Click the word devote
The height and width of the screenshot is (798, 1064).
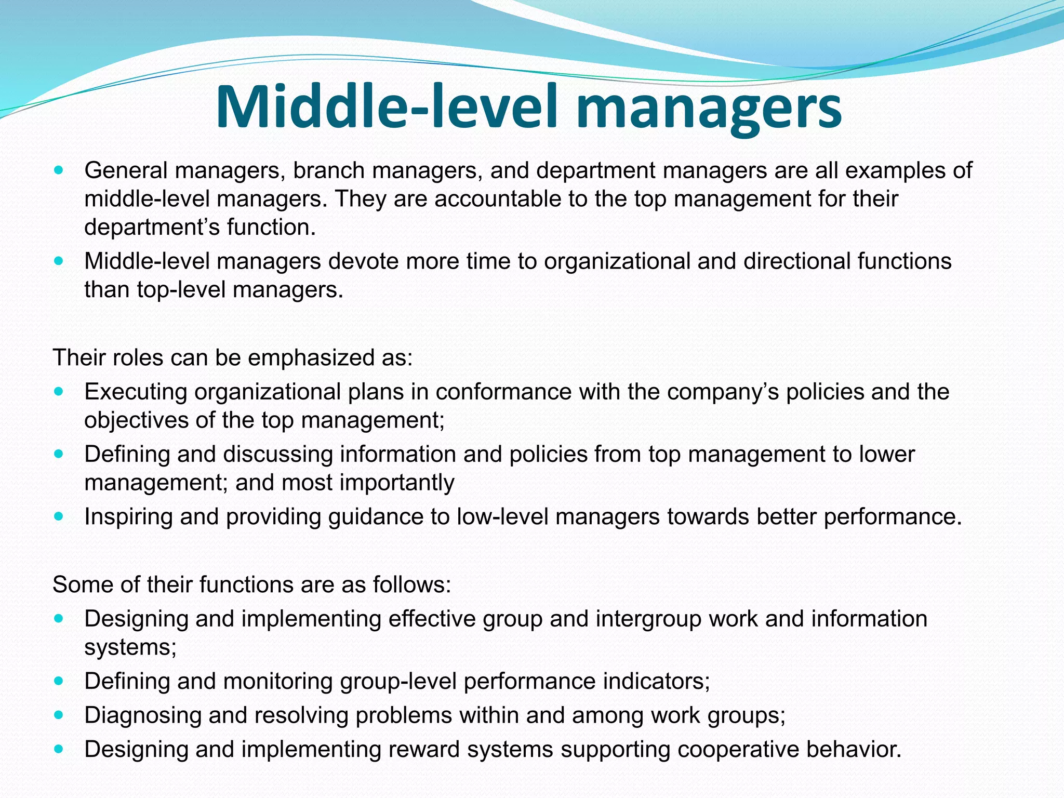tap(363, 261)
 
